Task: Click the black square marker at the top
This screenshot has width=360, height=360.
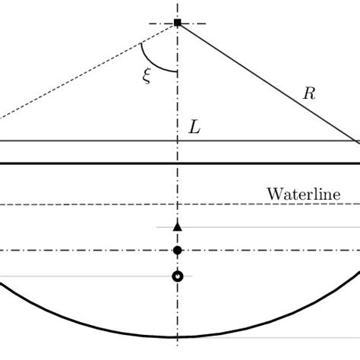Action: tap(178, 24)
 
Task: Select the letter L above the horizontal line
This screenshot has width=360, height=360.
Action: tap(195, 128)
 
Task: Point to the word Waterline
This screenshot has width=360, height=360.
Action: tap(302, 193)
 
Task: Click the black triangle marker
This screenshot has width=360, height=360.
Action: tap(178, 226)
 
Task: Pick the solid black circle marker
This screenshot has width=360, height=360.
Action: tap(178, 251)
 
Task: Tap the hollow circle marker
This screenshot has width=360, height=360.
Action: tap(178, 276)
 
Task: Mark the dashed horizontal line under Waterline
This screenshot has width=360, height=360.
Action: tap(91, 204)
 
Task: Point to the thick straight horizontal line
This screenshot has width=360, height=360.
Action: tap(91, 163)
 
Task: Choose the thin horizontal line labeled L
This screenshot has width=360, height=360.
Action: tap(91, 141)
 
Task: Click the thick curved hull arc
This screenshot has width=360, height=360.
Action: tap(76, 318)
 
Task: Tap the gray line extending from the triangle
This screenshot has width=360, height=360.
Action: tap(266, 226)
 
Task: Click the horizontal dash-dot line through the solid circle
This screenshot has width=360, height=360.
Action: tap(91, 251)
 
